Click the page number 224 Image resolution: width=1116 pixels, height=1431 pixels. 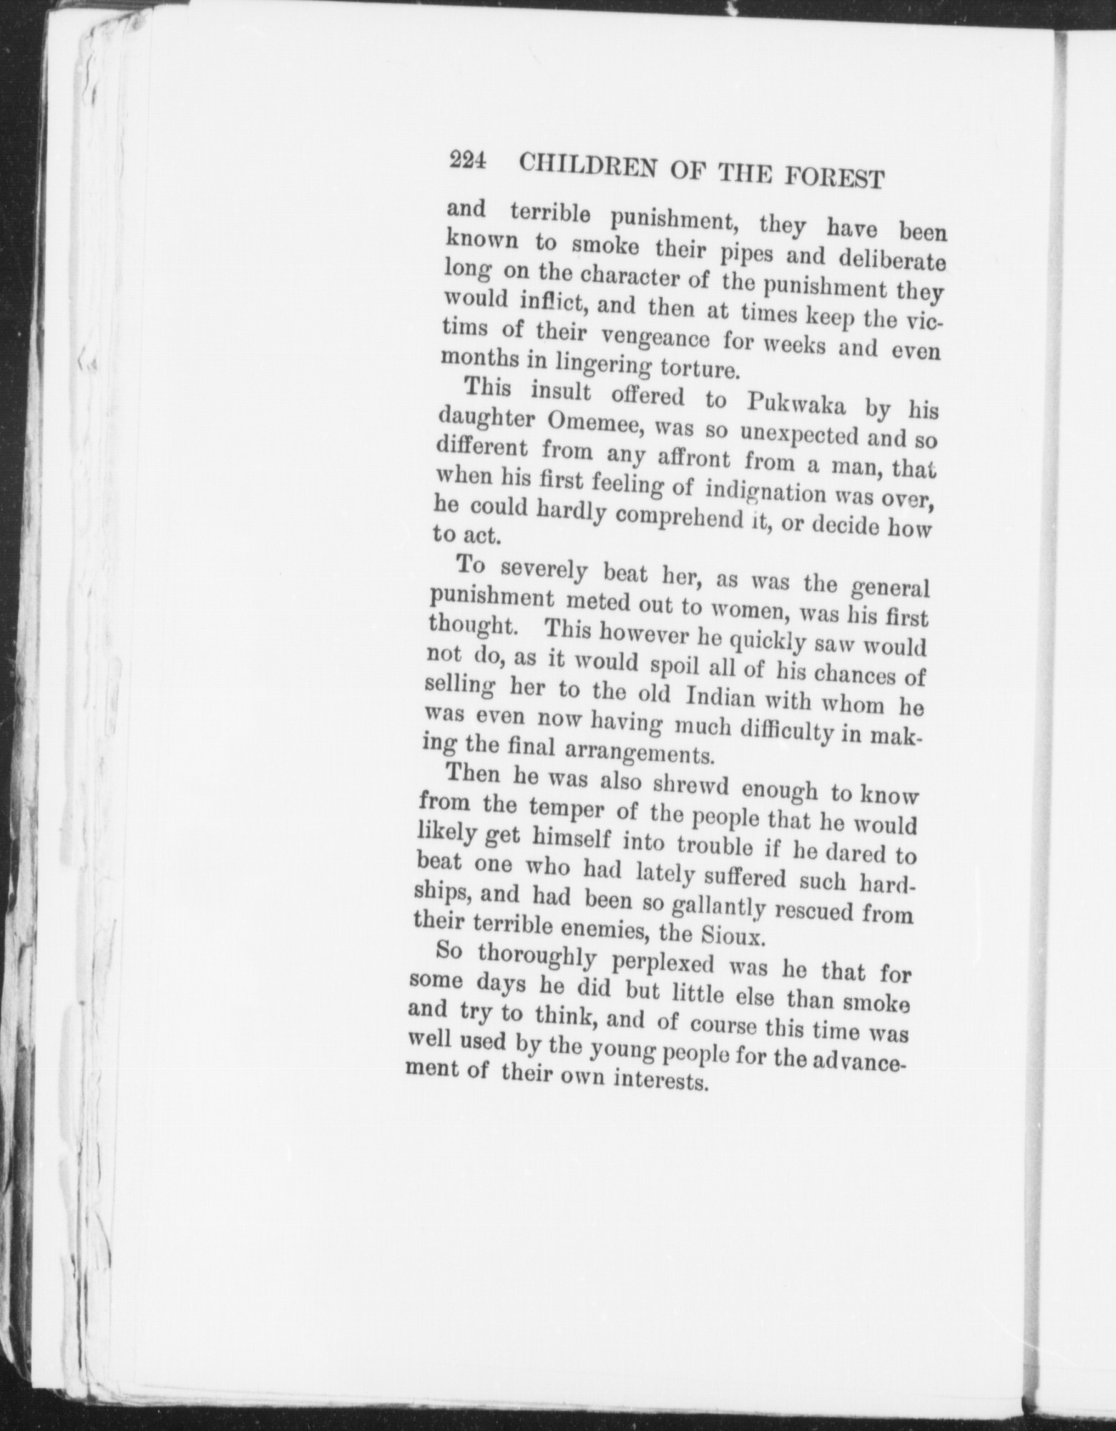click(467, 161)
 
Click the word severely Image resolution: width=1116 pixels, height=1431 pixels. click(544, 571)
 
